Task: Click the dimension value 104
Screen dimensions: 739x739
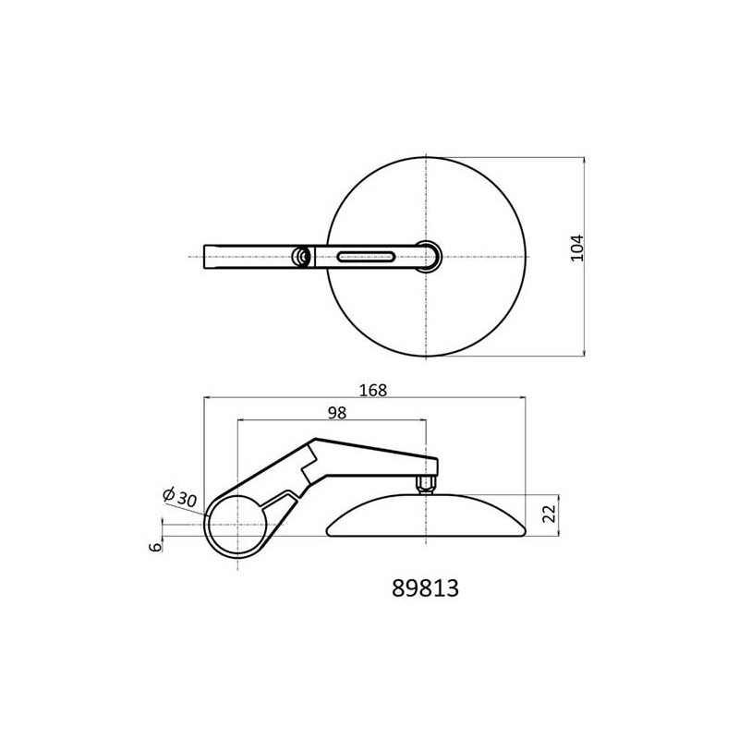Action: (576, 248)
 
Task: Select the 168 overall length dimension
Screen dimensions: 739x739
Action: (373, 390)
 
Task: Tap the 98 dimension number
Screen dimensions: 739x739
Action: (337, 413)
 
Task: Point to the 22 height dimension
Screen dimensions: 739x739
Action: (550, 513)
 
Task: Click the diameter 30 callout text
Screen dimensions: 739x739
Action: (179, 497)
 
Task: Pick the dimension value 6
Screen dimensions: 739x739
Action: (155, 547)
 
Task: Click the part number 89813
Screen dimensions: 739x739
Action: (425, 588)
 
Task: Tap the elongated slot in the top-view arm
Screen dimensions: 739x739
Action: (366, 257)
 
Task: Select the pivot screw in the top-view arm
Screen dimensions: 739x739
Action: (300, 257)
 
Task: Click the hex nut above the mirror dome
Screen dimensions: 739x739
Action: (426, 483)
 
